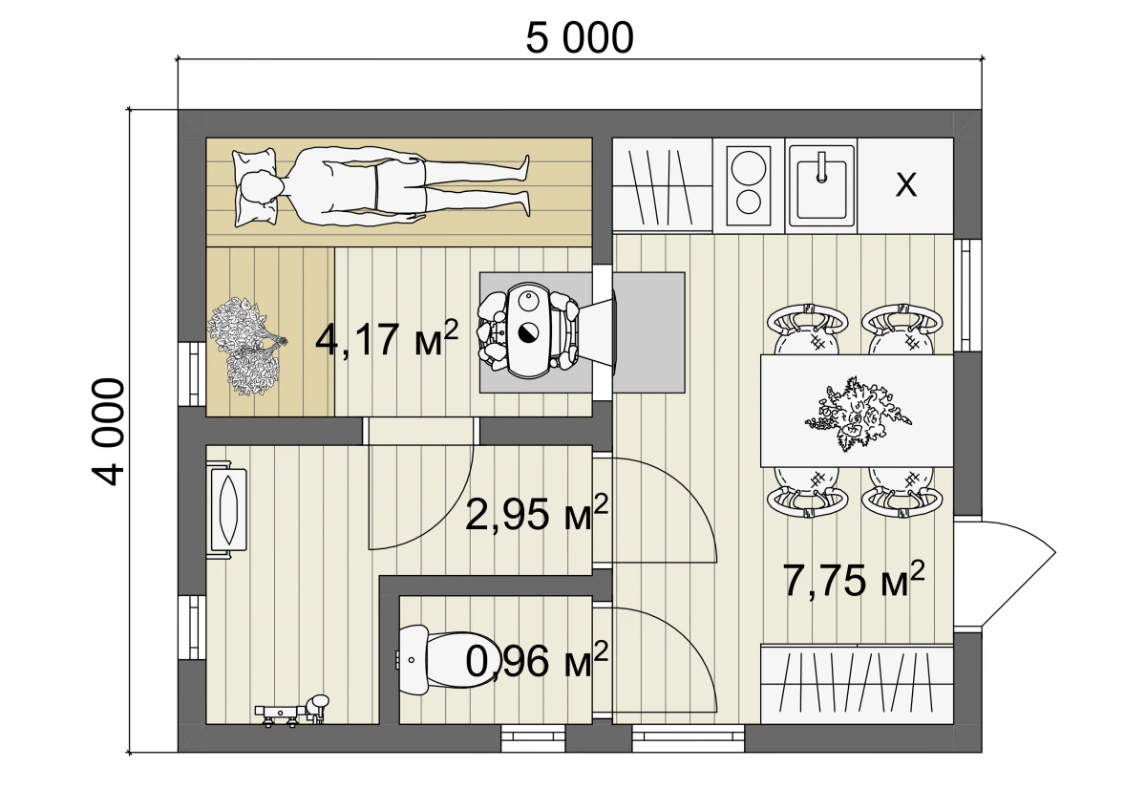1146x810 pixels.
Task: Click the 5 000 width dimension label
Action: pyautogui.click(x=580, y=39)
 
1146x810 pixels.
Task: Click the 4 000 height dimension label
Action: pyautogui.click(x=109, y=432)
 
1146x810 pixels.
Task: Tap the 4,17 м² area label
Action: pyautogui.click(x=386, y=339)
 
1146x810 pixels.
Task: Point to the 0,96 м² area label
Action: pyautogui.click(x=537, y=660)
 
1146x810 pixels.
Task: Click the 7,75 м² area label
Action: pyautogui.click(x=854, y=580)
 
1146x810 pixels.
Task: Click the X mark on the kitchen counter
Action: pyautogui.click(x=906, y=184)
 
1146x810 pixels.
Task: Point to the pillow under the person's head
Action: pyautogui.click(x=255, y=187)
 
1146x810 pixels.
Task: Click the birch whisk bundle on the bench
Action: pyautogui.click(x=246, y=346)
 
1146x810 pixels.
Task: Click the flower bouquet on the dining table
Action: pyautogui.click(x=858, y=415)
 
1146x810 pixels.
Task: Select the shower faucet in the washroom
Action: pyautogui.click(x=292, y=710)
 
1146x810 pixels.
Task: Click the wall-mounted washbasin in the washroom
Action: pyautogui.click(x=227, y=510)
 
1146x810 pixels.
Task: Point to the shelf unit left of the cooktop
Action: pyautogui.click(x=663, y=185)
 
